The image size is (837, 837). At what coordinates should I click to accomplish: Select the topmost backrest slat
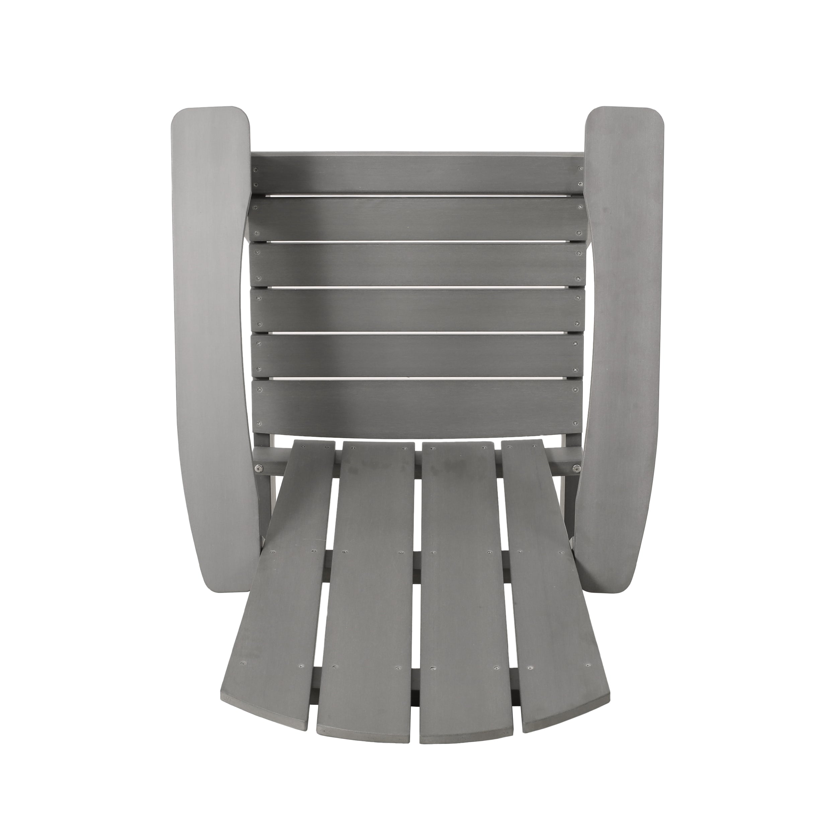(x=418, y=173)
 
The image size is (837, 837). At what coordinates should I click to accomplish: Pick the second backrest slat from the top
(x=418, y=219)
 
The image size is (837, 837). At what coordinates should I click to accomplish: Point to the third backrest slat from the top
(x=418, y=265)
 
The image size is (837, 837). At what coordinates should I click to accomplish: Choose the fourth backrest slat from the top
(x=418, y=310)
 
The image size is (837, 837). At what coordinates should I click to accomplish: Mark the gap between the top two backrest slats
(x=418, y=196)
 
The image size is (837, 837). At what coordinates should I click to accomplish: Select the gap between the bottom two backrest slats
(x=418, y=378)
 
